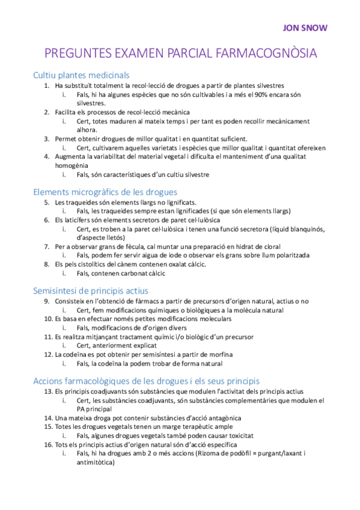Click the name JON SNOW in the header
click(305, 28)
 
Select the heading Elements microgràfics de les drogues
click(106, 192)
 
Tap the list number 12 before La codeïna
click(47, 354)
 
